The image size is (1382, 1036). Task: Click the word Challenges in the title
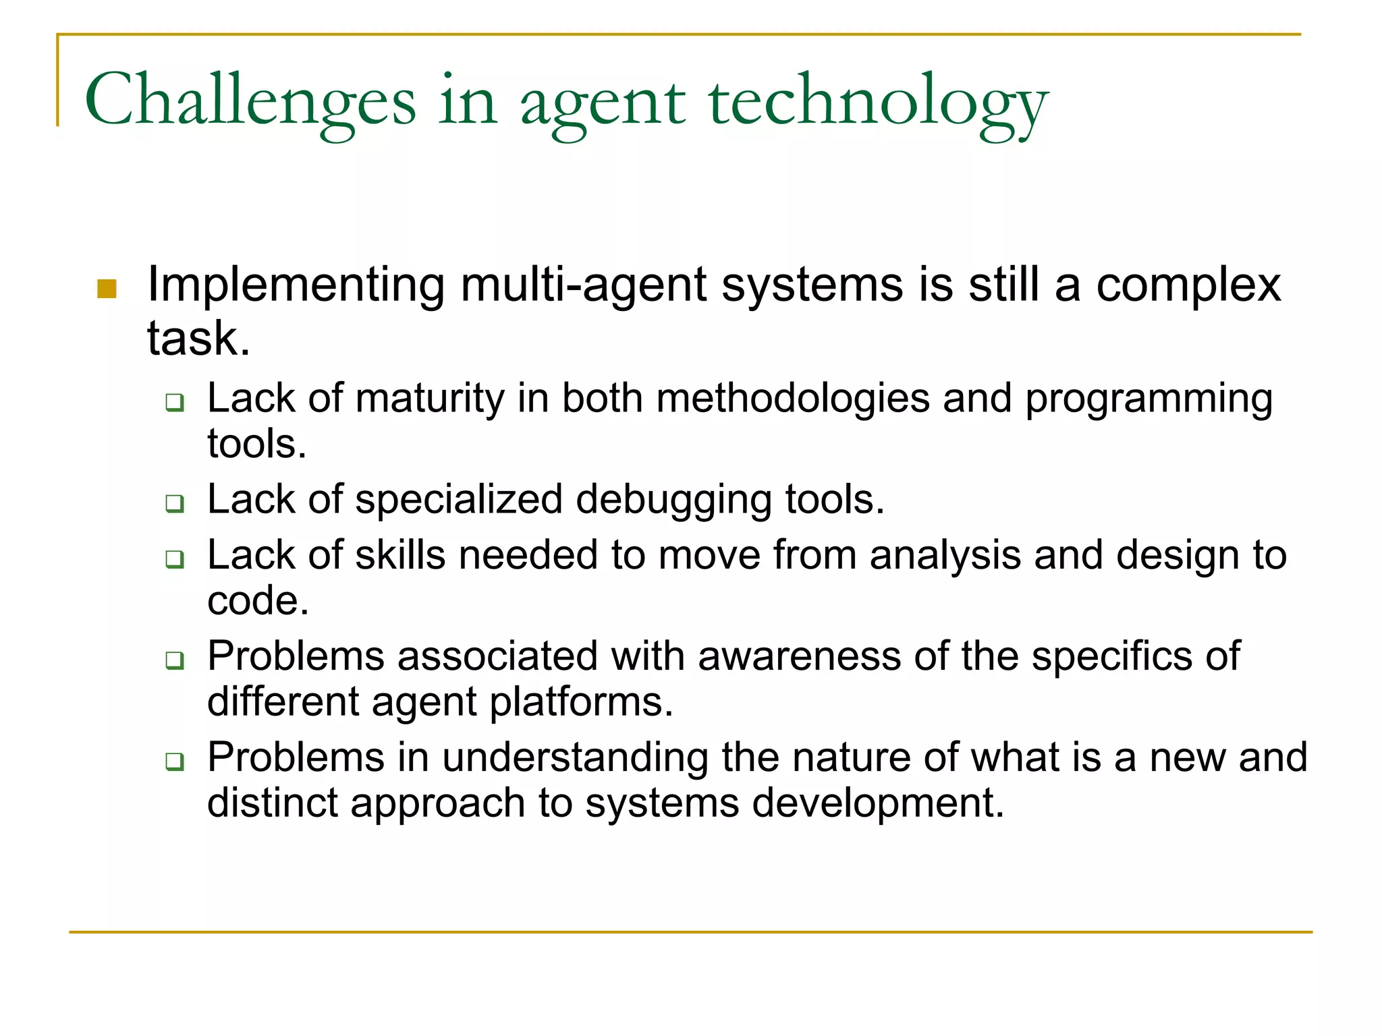point(250,101)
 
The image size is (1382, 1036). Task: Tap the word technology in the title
point(878,101)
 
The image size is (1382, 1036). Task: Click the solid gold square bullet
point(107,289)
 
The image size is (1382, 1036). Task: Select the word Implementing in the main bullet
point(296,285)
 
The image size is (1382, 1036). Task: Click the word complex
point(1188,285)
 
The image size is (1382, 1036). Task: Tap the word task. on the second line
point(198,339)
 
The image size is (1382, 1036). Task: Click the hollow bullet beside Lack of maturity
point(175,403)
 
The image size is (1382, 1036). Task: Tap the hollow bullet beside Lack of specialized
point(175,503)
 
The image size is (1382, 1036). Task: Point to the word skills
point(400,555)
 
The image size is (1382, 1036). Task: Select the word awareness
point(799,656)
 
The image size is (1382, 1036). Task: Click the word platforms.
point(581,703)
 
